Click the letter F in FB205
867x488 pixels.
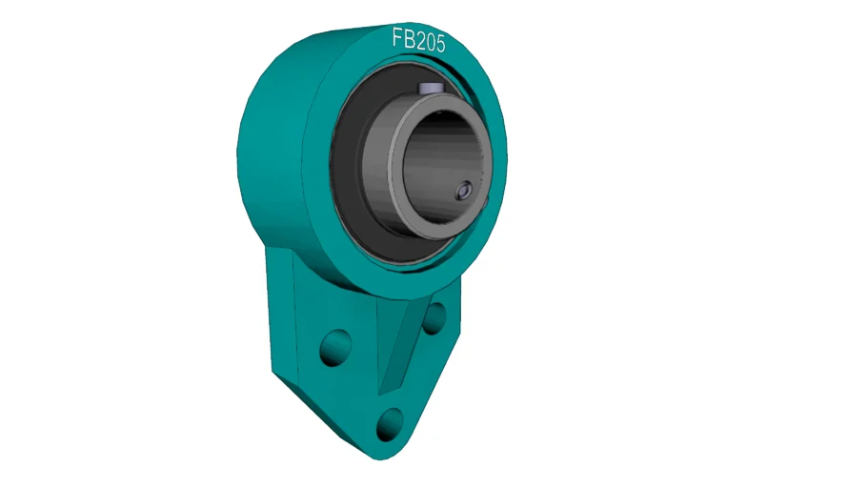tap(397, 37)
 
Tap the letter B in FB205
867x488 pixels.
tap(408, 39)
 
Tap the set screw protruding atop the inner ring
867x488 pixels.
tap(429, 88)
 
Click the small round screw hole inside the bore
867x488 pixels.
tap(463, 191)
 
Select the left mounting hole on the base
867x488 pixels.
tap(335, 348)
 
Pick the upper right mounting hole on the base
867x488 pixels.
tap(434, 318)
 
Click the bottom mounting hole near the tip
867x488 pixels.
tap(391, 424)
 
